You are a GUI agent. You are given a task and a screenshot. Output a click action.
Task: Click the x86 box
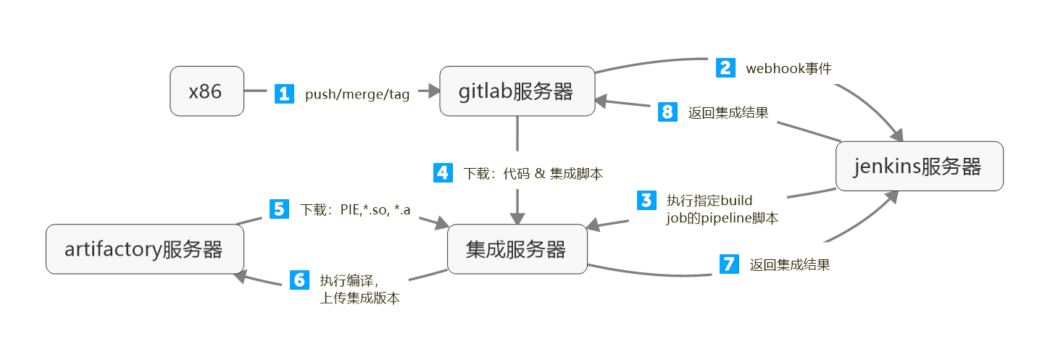[207, 91]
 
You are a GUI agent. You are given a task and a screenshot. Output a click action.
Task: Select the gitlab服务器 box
[517, 91]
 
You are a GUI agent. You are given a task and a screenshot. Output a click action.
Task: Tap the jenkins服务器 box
[919, 167]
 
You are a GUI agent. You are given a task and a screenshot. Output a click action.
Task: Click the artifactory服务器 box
[144, 249]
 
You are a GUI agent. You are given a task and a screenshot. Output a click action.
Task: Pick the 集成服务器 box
[517, 249]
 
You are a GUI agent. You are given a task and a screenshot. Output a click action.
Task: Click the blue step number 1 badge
[284, 93]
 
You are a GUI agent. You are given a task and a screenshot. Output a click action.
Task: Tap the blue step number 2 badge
[725, 68]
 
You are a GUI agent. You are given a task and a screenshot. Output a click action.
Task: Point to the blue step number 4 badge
[443, 173]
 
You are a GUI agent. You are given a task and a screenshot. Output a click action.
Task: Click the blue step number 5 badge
[279, 209]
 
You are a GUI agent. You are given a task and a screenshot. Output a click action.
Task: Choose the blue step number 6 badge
[299, 280]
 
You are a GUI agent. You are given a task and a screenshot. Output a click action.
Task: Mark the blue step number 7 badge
[728, 264]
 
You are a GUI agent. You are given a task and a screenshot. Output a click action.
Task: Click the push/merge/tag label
[357, 94]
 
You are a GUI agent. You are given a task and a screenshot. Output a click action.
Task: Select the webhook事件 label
[788, 69]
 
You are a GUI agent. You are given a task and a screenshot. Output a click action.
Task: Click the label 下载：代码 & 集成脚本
[533, 174]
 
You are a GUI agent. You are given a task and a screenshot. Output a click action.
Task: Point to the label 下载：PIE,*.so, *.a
[355, 210]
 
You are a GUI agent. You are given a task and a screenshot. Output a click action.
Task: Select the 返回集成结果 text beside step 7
[789, 265]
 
